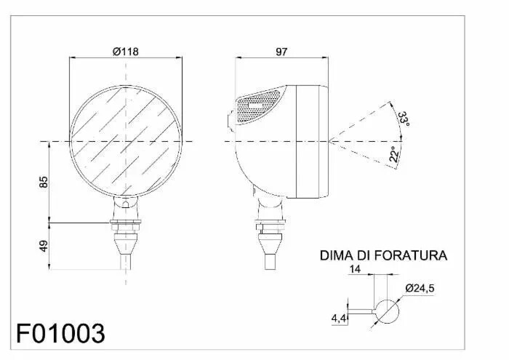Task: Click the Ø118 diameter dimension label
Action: tap(126, 51)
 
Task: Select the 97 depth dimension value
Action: tap(283, 51)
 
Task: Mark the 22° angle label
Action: tap(393, 154)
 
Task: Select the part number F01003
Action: tap(61, 333)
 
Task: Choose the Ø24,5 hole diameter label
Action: tap(420, 289)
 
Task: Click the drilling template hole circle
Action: tap(388, 311)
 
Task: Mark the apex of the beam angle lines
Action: tap(329, 140)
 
